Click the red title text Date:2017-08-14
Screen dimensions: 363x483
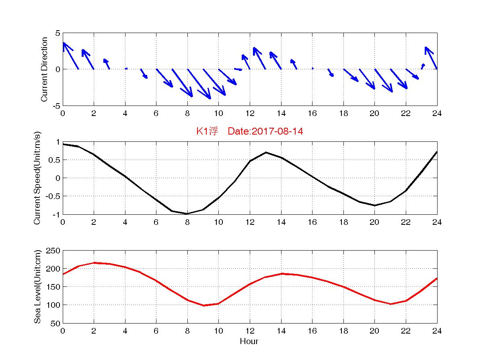coord(265,131)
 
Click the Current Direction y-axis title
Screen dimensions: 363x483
coord(44,69)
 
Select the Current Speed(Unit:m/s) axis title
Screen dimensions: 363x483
coord(37,178)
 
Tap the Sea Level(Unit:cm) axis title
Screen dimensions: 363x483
coord(37,287)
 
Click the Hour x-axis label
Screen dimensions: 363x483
coord(249,342)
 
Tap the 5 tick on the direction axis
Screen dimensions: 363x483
coord(58,33)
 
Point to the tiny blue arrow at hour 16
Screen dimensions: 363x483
coord(312,68)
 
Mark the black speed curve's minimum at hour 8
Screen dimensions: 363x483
coord(187,214)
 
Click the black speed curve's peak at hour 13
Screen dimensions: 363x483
coord(266,152)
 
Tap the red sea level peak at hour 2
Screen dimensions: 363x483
coord(94,263)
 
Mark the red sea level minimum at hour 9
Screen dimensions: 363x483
coord(203,305)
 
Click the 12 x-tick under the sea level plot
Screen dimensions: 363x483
coord(250,331)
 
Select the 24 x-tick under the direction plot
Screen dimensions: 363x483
coord(437,114)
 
